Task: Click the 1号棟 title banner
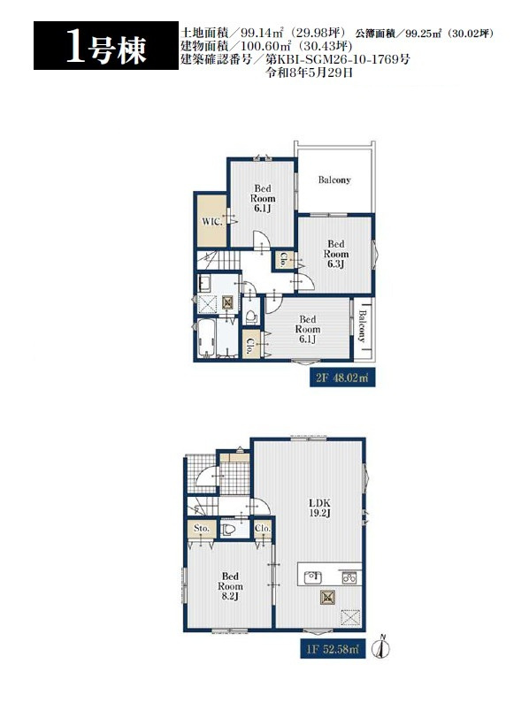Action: point(106,45)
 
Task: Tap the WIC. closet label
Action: point(211,222)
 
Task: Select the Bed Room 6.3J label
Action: point(335,254)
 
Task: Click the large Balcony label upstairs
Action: point(334,179)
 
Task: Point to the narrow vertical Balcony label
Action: point(363,325)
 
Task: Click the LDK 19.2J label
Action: point(319,508)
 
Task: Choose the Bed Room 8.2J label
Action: point(230,586)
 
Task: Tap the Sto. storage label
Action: point(201,529)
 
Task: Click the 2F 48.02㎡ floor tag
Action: point(342,378)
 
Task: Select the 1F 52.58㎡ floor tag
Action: point(333,649)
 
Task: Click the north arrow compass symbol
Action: point(381,647)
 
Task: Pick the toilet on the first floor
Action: point(228,530)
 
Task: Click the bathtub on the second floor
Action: point(206,339)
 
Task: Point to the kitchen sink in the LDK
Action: point(312,577)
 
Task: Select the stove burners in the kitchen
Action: point(349,577)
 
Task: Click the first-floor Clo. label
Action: point(262,529)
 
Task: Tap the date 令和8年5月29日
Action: point(309,73)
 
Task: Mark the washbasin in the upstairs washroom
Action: point(204,284)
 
